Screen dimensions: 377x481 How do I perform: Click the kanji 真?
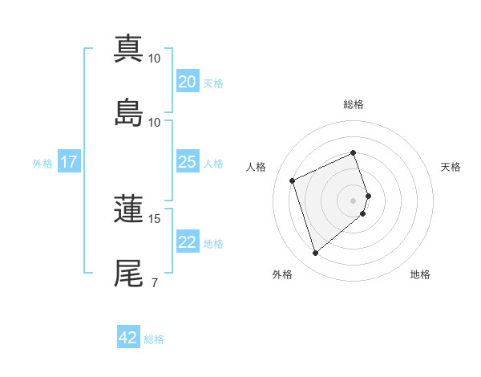click(x=129, y=49)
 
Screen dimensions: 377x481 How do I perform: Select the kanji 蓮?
click(x=129, y=209)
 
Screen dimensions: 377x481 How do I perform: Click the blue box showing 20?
click(x=188, y=81)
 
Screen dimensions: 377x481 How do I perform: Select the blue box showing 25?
click(x=188, y=162)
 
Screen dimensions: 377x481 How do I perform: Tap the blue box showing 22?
click(x=188, y=242)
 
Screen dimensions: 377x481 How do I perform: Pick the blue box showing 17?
click(x=69, y=162)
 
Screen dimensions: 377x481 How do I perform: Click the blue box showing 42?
click(x=128, y=338)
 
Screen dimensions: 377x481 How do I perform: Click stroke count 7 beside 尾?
click(x=154, y=282)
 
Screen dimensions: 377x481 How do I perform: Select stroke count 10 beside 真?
click(x=155, y=59)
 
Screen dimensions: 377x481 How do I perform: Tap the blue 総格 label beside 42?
click(x=154, y=339)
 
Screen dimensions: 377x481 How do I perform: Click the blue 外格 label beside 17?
click(x=42, y=163)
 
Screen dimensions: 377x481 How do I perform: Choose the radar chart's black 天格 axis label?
click(x=451, y=167)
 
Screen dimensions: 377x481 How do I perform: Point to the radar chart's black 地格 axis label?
click(x=420, y=274)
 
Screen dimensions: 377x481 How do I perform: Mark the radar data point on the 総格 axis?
click(x=353, y=152)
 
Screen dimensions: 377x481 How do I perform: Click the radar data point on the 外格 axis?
click(x=315, y=253)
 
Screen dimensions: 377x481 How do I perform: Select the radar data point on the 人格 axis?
click(x=293, y=180)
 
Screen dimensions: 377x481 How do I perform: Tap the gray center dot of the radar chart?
click(x=353, y=199)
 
